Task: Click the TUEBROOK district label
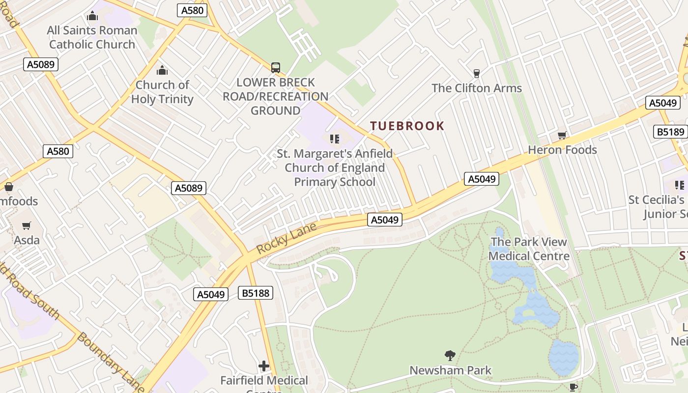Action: (407, 126)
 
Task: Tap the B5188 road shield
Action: (256, 293)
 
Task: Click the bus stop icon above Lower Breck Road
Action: (276, 68)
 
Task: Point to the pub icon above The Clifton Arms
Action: (476, 74)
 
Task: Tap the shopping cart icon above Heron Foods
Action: (562, 135)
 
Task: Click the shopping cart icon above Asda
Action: (27, 226)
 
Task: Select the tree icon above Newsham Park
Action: (450, 355)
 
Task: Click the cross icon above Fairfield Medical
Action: (264, 366)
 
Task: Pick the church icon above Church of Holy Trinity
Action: (162, 71)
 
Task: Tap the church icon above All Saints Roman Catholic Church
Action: (92, 16)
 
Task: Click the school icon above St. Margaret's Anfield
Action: (335, 139)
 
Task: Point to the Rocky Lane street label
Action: (286, 238)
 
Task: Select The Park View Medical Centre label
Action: (529, 249)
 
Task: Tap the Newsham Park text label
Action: (450, 370)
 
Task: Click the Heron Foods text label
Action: (562, 150)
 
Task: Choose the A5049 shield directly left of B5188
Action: (211, 294)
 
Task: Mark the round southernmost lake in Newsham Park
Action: (564, 357)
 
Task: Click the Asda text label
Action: (27, 240)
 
